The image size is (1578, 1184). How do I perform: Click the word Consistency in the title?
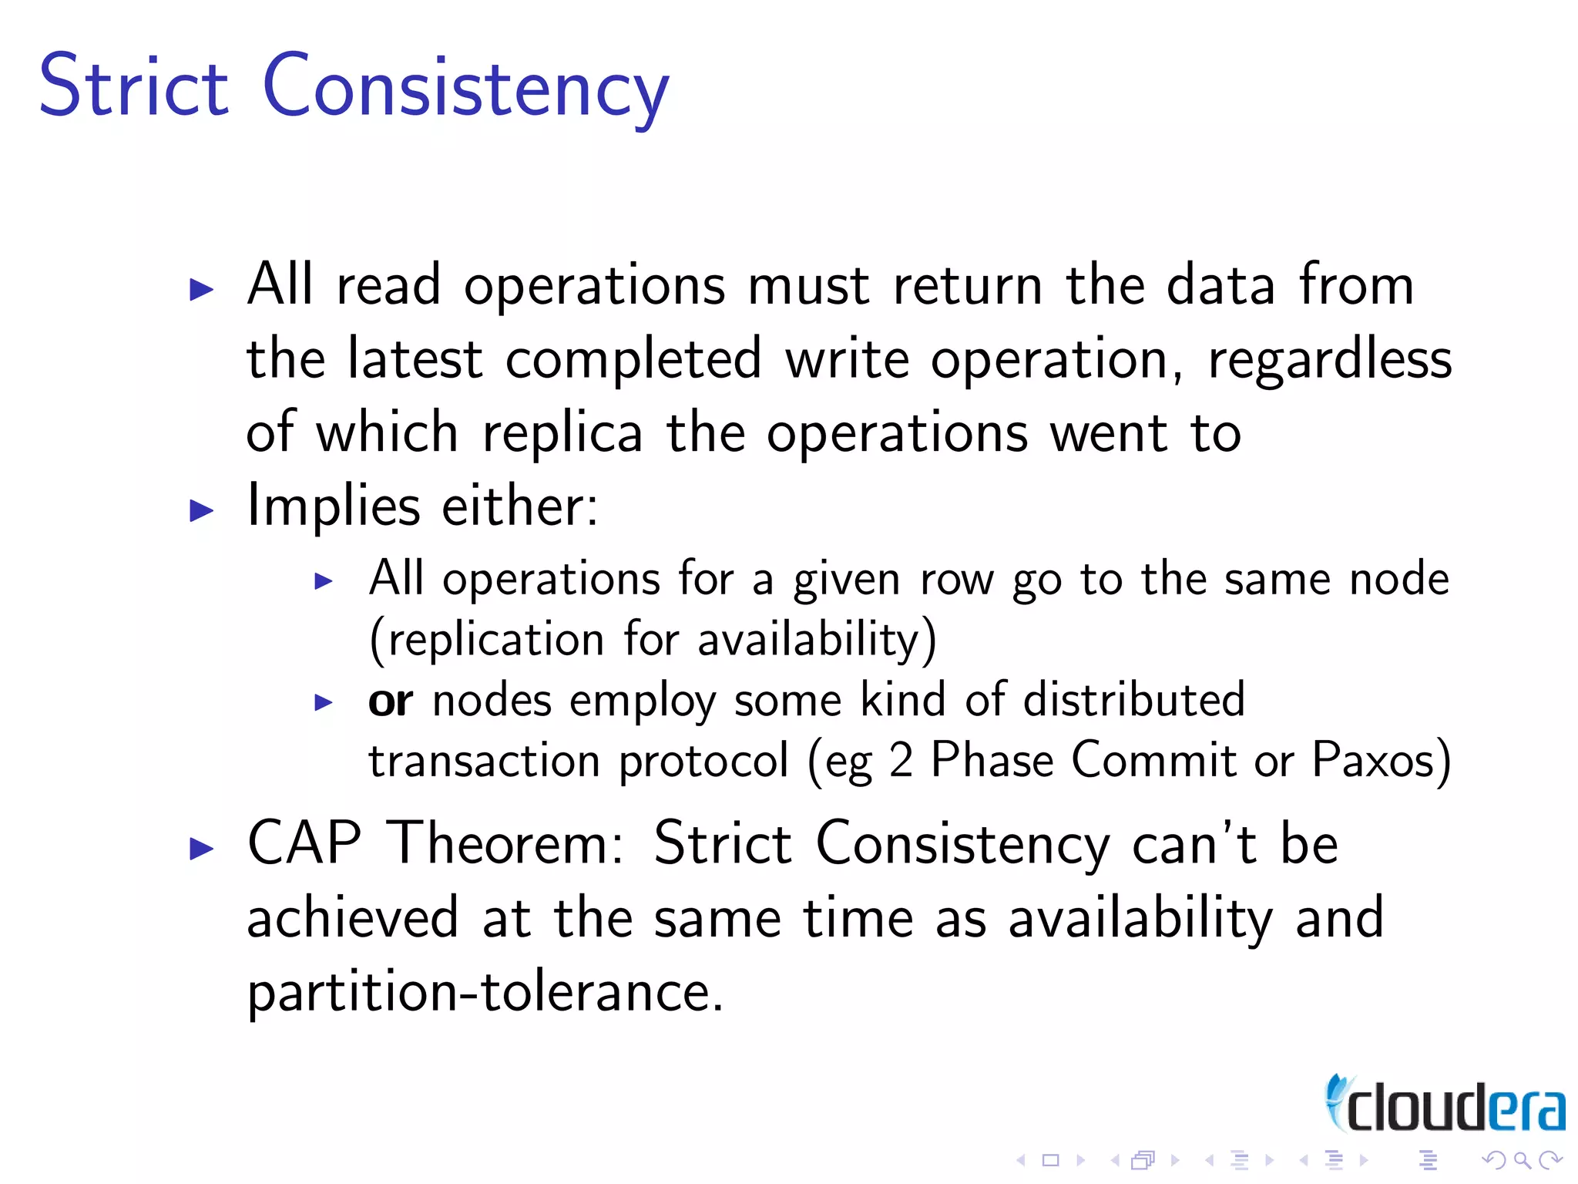(x=465, y=89)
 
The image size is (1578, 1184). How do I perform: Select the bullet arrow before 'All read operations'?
(x=201, y=290)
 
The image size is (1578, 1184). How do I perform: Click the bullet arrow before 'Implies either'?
(x=201, y=510)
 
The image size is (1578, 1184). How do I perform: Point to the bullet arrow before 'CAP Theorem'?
(x=201, y=849)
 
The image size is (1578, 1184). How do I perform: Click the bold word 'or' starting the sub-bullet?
(x=391, y=701)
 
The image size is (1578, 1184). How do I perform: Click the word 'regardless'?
(x=1329, y=360)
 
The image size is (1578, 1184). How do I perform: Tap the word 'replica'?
(x=562, y=434)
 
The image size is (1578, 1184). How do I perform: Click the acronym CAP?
(x=304, y=844)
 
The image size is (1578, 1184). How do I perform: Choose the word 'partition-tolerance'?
(x=484, y=992)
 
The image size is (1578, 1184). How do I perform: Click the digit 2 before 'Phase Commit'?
(x=901, y=761)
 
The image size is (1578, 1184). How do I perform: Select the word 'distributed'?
(x=1133, y=700)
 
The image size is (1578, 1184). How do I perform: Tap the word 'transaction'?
(x=484, y=761)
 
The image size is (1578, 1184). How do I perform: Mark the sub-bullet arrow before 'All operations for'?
(x=324, y=581)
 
